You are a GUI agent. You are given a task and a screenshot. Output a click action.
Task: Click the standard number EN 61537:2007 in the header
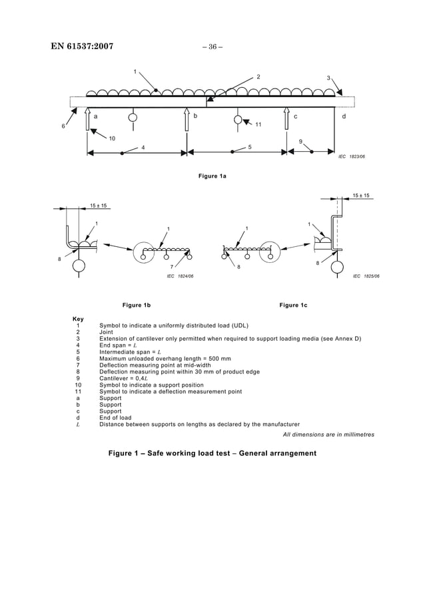[82, 47]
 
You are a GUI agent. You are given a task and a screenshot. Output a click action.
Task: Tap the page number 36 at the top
[212, 47]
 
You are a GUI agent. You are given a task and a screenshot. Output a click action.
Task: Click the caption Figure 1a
[212, 176]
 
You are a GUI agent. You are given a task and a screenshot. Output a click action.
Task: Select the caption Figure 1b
[137, 305]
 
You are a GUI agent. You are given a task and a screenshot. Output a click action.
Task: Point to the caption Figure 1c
[294, 305]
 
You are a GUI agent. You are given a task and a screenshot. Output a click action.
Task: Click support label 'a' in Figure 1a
[96, 116]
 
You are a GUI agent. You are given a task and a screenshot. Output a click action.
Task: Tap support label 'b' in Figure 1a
[195, 116]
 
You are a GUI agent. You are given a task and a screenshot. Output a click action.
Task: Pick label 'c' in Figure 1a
[295, 116]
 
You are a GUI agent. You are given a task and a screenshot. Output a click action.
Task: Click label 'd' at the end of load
[344, 116]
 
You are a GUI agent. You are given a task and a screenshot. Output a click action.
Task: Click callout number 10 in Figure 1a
[112, 138]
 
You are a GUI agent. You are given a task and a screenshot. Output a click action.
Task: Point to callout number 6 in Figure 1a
[64, 126]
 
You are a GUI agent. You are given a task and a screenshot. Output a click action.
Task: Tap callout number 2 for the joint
[258, 77]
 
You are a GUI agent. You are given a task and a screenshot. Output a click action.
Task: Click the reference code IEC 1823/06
[352, 157]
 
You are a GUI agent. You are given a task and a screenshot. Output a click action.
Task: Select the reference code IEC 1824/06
[180, 275]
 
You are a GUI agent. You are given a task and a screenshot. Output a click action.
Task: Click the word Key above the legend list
[78, 319]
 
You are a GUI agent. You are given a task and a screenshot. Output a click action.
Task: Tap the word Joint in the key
[107, 332]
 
